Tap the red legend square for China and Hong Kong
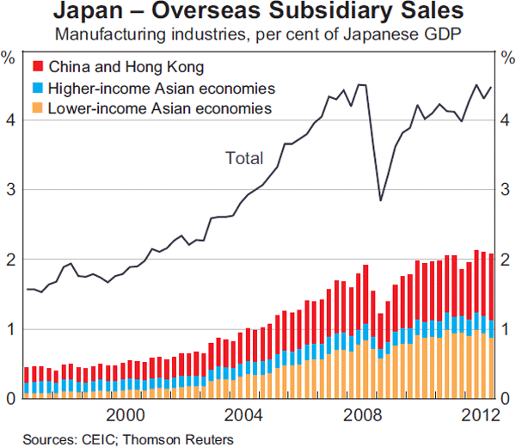37,66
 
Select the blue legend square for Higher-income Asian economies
37,88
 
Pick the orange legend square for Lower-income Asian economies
37,109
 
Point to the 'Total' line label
244,157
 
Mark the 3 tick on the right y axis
507,189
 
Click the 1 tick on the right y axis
507,328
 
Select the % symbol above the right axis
507,58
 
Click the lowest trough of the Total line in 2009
381,200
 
